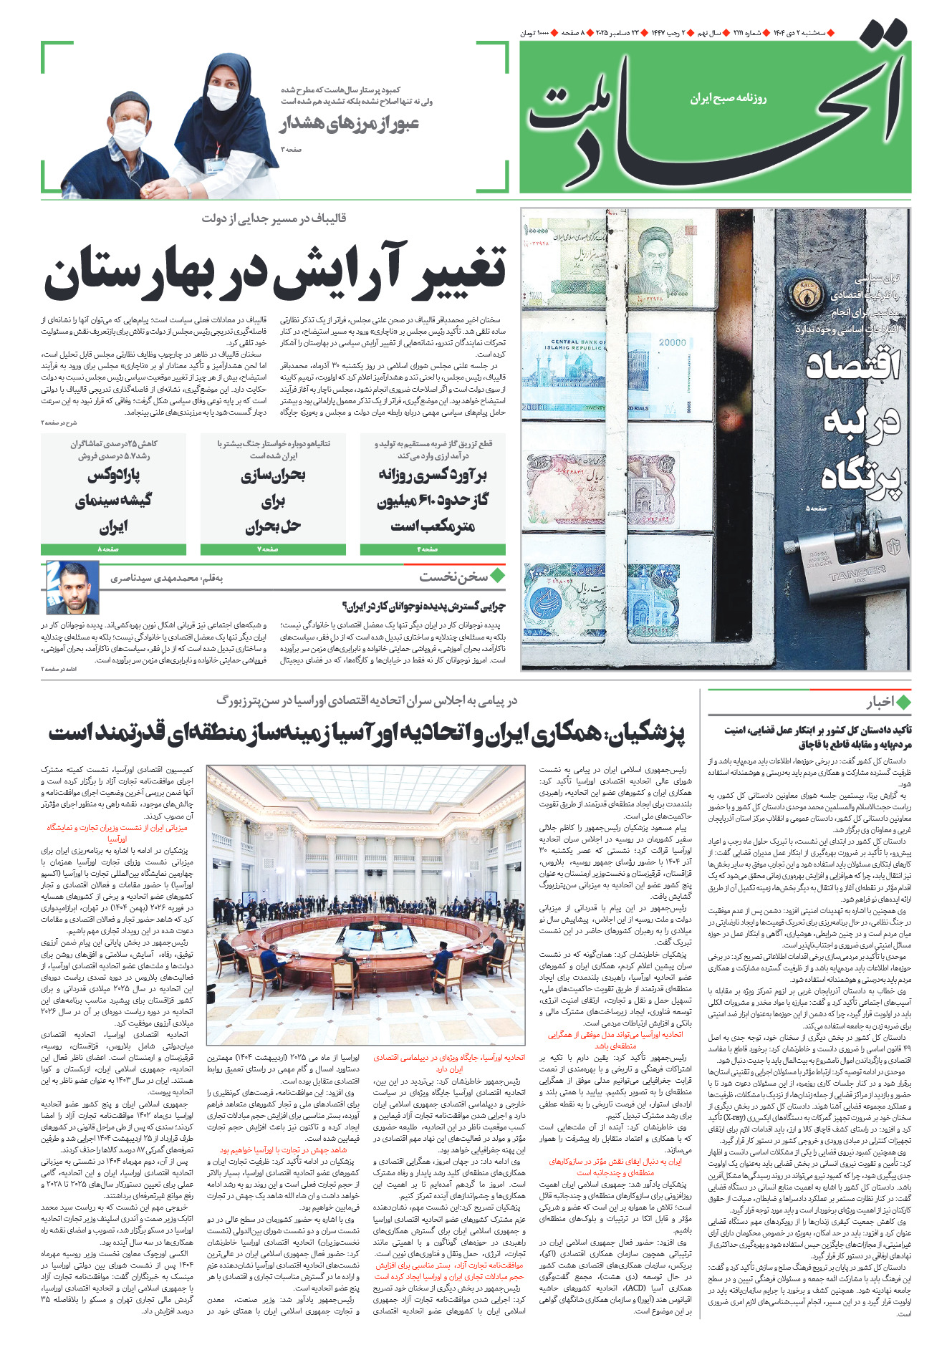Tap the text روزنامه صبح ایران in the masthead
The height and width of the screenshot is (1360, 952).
728,98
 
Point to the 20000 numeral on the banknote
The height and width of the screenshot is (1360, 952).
672,342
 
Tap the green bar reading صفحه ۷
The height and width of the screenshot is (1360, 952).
272,549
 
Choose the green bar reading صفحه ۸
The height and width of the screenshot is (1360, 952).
113,549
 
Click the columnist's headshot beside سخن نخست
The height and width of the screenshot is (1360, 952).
72,587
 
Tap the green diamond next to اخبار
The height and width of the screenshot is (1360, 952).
903,703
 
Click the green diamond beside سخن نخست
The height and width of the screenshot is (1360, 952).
497,575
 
